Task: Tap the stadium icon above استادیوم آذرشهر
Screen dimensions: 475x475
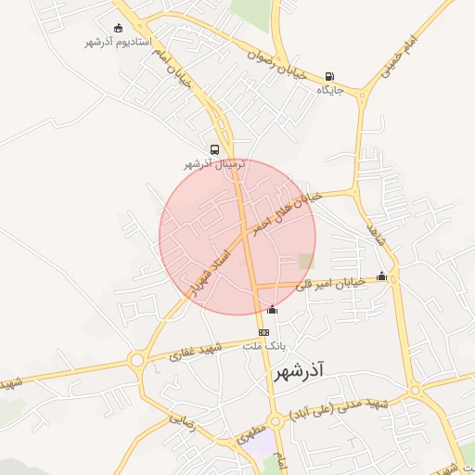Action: coord(117,29)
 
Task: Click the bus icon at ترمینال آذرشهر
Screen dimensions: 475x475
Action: coord(215,149)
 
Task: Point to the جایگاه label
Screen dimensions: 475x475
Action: coord(330,91)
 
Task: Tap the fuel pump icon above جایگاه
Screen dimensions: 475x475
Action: coord(330,77)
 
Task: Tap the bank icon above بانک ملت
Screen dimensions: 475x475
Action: coord(264,332)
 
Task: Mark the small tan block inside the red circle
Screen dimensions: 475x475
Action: coord(306,261)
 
